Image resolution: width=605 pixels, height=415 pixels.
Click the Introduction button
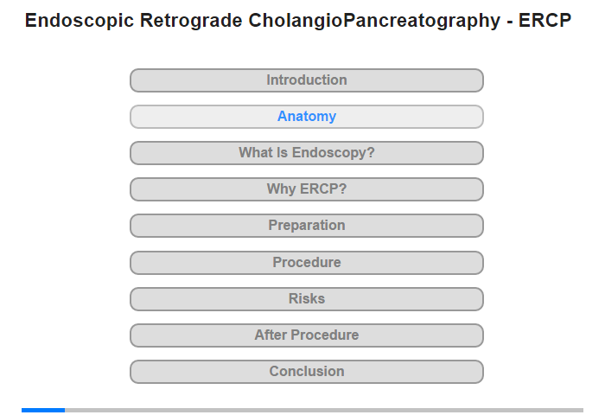tap(307, 80)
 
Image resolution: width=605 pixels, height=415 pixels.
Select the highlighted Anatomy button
tap(307, 117)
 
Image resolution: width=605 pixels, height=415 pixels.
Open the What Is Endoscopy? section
tap(307, 153)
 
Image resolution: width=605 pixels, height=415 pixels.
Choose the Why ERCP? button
tap(307, 189)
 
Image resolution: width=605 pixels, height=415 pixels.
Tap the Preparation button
tap(307, 226)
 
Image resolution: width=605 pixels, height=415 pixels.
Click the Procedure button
tap(307, 263)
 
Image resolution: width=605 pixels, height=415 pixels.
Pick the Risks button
tap(307, 299)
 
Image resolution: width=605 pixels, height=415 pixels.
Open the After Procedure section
tap(307, 335)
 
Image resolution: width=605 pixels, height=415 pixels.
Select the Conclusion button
tap(307, 372)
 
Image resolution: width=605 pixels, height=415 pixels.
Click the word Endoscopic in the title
tap(80, 21)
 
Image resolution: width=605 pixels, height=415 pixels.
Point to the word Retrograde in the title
tap(191, 21)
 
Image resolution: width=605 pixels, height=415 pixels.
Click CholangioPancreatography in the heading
tap(374, 21)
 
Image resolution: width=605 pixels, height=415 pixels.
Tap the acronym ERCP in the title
tap(544, 20)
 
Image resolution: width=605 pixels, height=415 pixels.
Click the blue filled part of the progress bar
tap(43, 410)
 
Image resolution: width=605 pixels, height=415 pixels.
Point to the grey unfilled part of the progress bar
tap(324, 410)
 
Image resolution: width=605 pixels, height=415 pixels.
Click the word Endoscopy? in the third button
tap(334, 153)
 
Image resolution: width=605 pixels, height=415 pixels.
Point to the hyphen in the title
tap(510, 22)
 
